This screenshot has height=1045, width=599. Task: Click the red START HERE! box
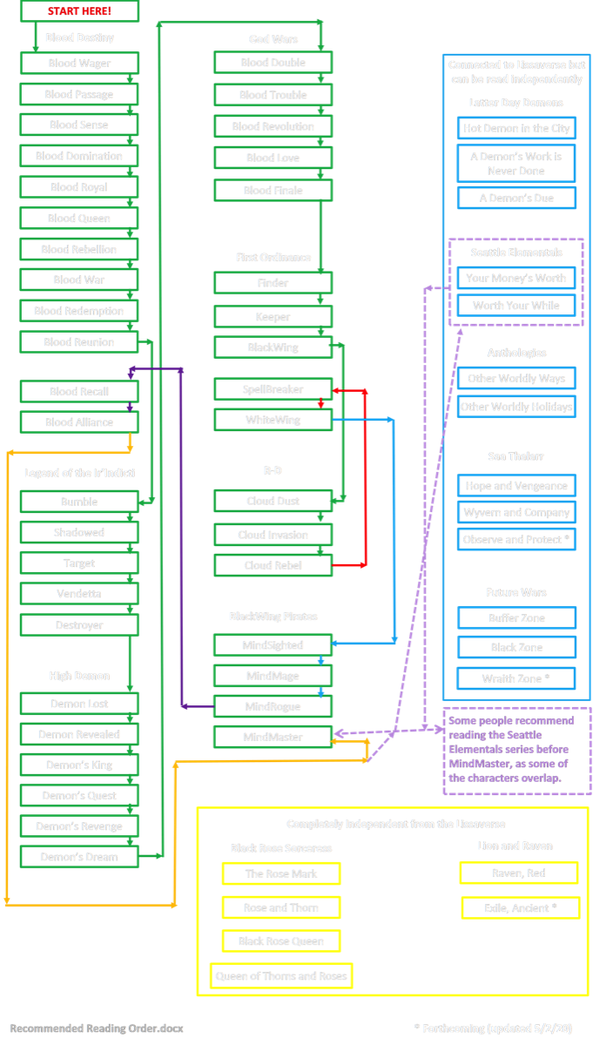tap(79, 11)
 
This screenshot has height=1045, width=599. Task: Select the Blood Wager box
tap(79, 63)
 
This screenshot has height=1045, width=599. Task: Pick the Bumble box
tap(79, 502)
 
